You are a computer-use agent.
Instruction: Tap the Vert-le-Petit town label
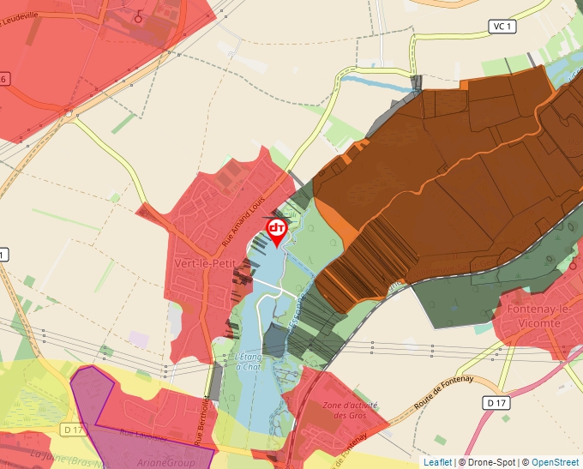coord(201,263)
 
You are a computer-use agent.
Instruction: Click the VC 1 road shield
coord(502,27)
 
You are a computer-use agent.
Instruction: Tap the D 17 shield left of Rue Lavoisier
coord(75,429)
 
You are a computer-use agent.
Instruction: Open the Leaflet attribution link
coord(437,462)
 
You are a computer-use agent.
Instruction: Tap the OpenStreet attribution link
coord(555,462)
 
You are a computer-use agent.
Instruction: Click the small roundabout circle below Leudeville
coord(68,112)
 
